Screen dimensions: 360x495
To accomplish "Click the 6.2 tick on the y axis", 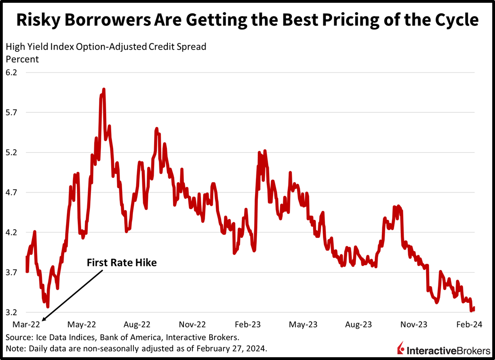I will (x=11, y=73).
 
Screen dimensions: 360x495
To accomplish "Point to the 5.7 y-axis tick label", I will (x=11, y=113).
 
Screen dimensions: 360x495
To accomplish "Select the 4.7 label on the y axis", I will (x=11, y=193).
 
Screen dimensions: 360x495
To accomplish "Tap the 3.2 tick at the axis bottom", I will (x=11, y=312).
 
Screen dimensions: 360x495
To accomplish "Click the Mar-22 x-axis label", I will (x=26, y=325).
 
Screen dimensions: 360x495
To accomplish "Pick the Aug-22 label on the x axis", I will (x=137, y=325).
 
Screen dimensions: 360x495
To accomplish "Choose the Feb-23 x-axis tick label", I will (x=248, y=325).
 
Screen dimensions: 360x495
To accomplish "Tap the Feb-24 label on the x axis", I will (x=470, y=325).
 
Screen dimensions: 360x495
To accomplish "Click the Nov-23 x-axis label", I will (x=414, y=325).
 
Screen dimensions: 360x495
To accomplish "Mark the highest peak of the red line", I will (x=104, y=89).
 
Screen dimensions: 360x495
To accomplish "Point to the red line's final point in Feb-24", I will (x=473, y=309).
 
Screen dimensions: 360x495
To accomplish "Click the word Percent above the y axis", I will (x=22, y=59).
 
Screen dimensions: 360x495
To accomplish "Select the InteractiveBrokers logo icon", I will (x=401, y=348).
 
